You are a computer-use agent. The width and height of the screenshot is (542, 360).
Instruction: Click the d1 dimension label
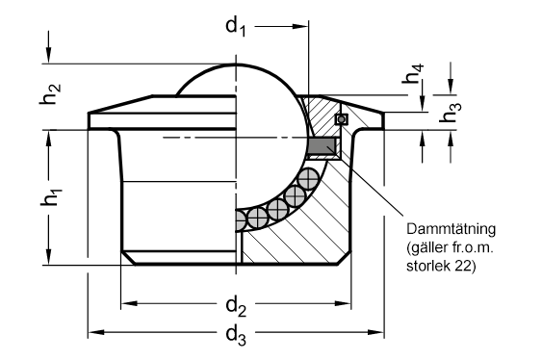click(236, 27)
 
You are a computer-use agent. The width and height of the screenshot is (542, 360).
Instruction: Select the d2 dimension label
click(236, 307)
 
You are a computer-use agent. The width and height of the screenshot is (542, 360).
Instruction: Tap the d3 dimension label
click(236, 336)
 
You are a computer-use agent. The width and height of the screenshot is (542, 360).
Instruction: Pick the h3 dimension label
click(451, 113)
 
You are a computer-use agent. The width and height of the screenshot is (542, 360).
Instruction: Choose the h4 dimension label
click(413, 73)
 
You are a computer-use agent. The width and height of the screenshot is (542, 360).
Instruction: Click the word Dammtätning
click(452, 229)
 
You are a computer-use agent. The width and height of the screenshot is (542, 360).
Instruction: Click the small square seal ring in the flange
click(342, 119)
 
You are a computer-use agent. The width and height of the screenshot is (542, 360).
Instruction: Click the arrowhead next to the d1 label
click(300, 26)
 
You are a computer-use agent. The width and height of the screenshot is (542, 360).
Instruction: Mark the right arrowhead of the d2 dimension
click(343, 303)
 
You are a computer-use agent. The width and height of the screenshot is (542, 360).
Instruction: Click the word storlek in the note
click(428, 266)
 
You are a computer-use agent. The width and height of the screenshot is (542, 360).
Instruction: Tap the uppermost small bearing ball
click(308, 179)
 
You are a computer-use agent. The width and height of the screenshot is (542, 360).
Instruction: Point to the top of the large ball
click(237, 64)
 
